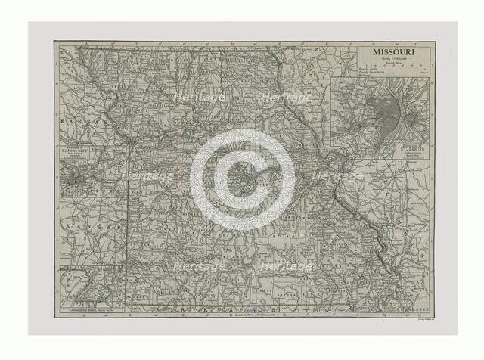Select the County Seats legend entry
click(x=371, y=64)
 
